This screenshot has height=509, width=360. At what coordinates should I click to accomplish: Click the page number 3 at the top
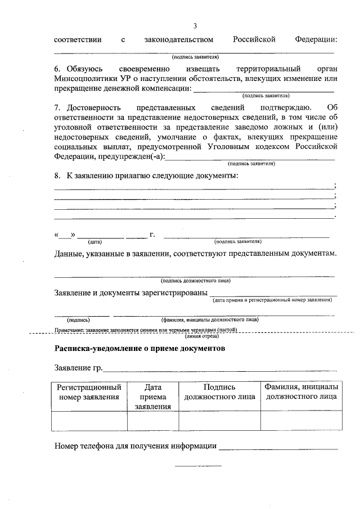click(195, 26)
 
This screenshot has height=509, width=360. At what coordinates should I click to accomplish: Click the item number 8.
click(57, 176)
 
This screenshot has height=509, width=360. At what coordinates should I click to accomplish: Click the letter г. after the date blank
click(152, 234)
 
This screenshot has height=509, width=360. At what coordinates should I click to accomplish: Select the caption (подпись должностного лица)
click(195, 281)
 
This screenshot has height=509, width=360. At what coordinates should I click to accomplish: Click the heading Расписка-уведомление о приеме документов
click(139, 349)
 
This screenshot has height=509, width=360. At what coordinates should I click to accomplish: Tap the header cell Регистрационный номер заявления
click(89, 392)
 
